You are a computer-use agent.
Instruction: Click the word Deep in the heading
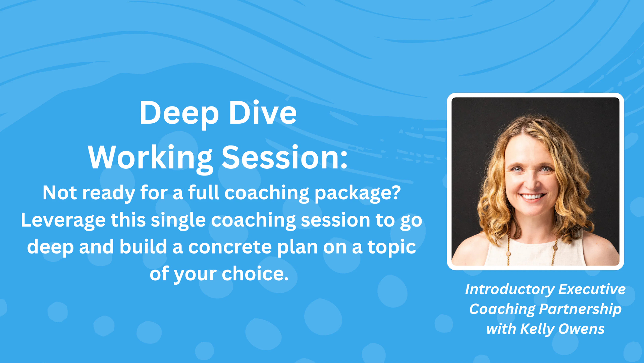click(179, 113)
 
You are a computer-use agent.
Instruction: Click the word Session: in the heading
click(284, 158)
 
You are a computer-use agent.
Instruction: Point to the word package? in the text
click(358, 193)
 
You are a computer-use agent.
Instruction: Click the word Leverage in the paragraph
click(63, 220)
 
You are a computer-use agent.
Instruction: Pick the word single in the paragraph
click(178, 220)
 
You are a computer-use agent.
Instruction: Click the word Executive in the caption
click(592, 289)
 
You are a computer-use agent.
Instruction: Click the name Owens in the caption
click(581, 329)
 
